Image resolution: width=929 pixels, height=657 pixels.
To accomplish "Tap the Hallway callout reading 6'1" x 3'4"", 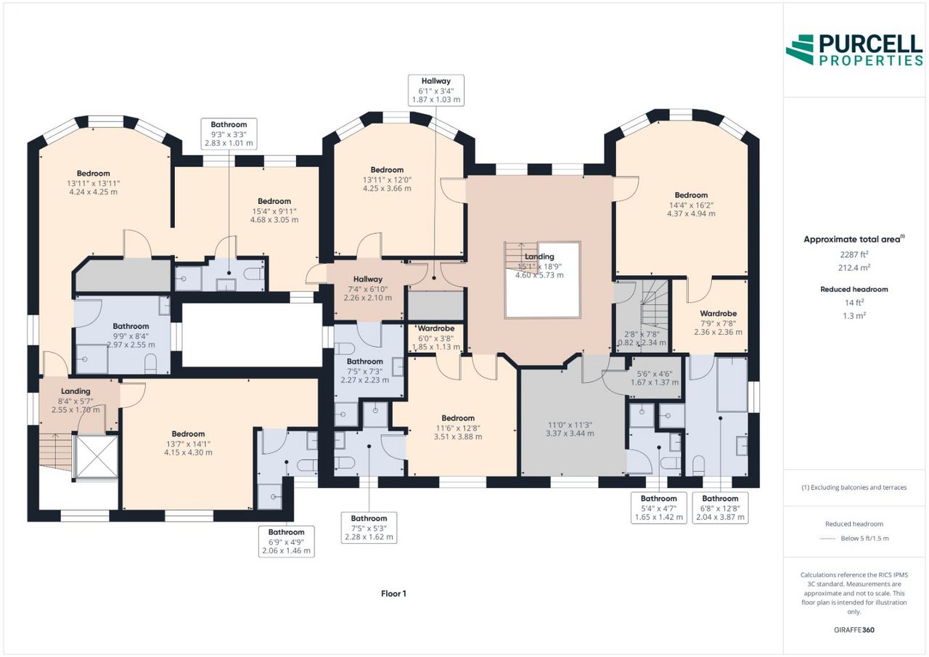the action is pos(436,91).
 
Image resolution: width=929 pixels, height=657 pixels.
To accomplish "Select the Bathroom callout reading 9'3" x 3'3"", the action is pos(229,134).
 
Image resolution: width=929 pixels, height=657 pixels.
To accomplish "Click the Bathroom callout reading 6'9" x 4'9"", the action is pos(286,542).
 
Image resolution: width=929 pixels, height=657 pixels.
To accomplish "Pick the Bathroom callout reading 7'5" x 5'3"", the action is pos(369,528).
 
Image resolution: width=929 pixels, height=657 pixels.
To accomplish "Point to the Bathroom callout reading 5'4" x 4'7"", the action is pos(658,507).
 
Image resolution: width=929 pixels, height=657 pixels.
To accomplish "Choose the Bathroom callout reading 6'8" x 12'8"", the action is pos(720,507).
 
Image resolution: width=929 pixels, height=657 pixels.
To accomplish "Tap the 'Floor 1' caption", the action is pos(393,594).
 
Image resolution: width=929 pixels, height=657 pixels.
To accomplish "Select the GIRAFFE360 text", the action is pos(854,630).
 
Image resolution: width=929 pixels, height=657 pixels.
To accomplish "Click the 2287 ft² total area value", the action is pos(854,254).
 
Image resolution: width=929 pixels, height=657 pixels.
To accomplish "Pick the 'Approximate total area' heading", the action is pos(854,240).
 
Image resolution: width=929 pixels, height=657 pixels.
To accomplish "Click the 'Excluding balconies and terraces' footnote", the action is pos(854,487).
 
